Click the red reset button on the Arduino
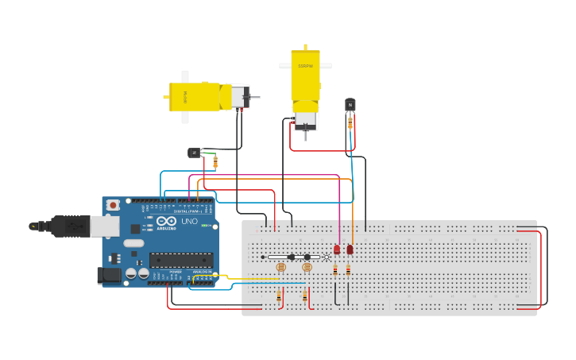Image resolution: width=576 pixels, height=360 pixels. pyautogui.click(x=113, y=205)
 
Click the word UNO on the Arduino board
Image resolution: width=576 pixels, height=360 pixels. pyautogui.click(x=190, y=221)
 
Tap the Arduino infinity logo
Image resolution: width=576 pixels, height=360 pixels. pyautogui.click(x=167, y=221)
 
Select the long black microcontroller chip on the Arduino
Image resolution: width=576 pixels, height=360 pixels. pyautogui.click(x=181, y=260)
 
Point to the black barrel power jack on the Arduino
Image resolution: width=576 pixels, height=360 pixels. pyautogui.click(x=109, y=275)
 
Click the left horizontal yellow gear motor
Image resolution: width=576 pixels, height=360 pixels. pyautogui.click(x=199, y=97)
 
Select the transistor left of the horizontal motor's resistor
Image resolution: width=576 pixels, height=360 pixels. pyautogui.click(x=194, y=153)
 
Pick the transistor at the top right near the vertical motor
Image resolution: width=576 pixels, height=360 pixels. pyautogui.click(x=350, y=105)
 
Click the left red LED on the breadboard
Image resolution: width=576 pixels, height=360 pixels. pyautogui.click(x=337, y=250)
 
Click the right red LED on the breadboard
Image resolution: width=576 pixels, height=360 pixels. pyautogui.click(x=350, y=250)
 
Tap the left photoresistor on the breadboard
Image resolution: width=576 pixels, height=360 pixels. pyautogui.click(x=280, y=268)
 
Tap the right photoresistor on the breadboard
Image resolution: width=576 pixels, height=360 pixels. pyautogui.click(x=307, y=268)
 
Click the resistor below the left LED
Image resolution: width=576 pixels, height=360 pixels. pyautogui.click(x=335, y=270)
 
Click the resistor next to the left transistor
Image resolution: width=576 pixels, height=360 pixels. pyautogui.click(x=215, y=162)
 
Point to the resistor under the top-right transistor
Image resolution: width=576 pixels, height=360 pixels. pyautogui.click(x=350, y=123)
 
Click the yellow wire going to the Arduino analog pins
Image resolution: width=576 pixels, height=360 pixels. pyautogui.click(x=238, y=278)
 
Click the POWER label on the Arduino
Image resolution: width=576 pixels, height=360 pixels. pyautogui.click(x=176, y=272)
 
